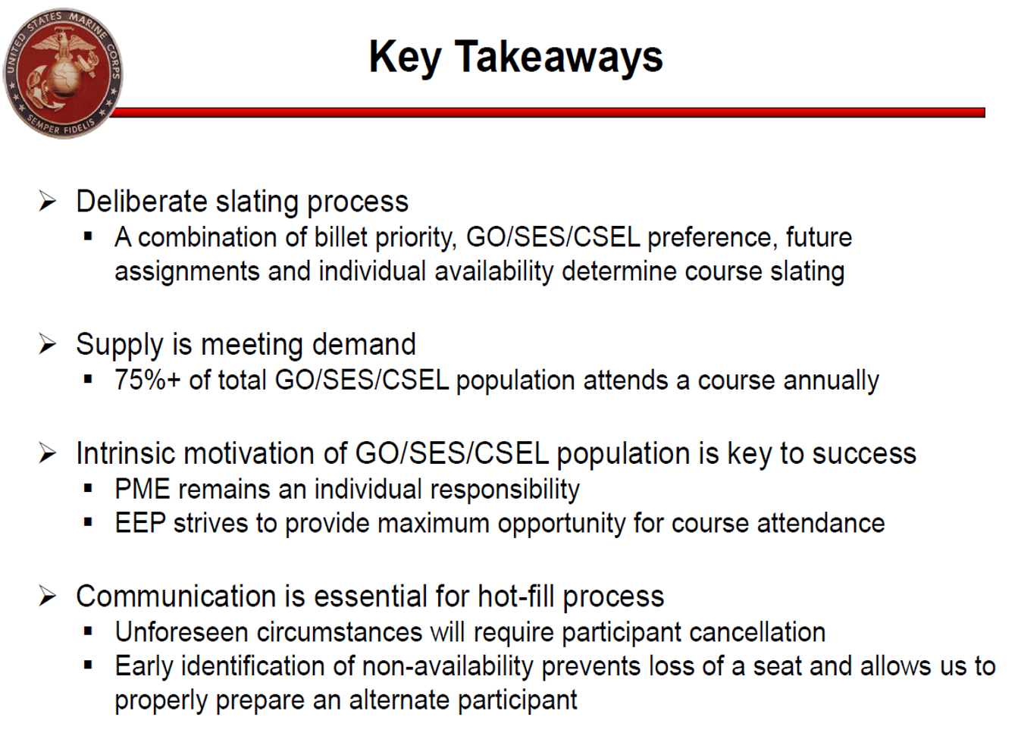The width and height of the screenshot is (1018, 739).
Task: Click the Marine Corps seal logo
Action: (63, 74)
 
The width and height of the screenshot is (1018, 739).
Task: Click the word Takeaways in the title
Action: (559, 58)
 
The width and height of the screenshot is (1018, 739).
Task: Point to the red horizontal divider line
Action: (547, 113)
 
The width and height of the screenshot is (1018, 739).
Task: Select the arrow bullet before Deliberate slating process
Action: (47, 201)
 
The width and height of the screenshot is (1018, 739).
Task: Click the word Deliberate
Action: (142, 202)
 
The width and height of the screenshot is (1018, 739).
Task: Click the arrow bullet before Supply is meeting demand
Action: (47, 343)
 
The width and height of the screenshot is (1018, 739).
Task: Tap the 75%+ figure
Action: (148, 380)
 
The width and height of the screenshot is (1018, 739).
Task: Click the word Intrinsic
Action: (126, 453)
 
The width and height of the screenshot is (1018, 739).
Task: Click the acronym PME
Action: (143, 489)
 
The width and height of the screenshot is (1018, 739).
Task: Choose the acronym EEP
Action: (140, 523)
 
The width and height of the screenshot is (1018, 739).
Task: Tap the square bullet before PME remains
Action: (88, 489)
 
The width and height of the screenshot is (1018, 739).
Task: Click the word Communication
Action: (176, 597)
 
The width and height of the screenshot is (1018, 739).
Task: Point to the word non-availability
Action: (447, 667)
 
